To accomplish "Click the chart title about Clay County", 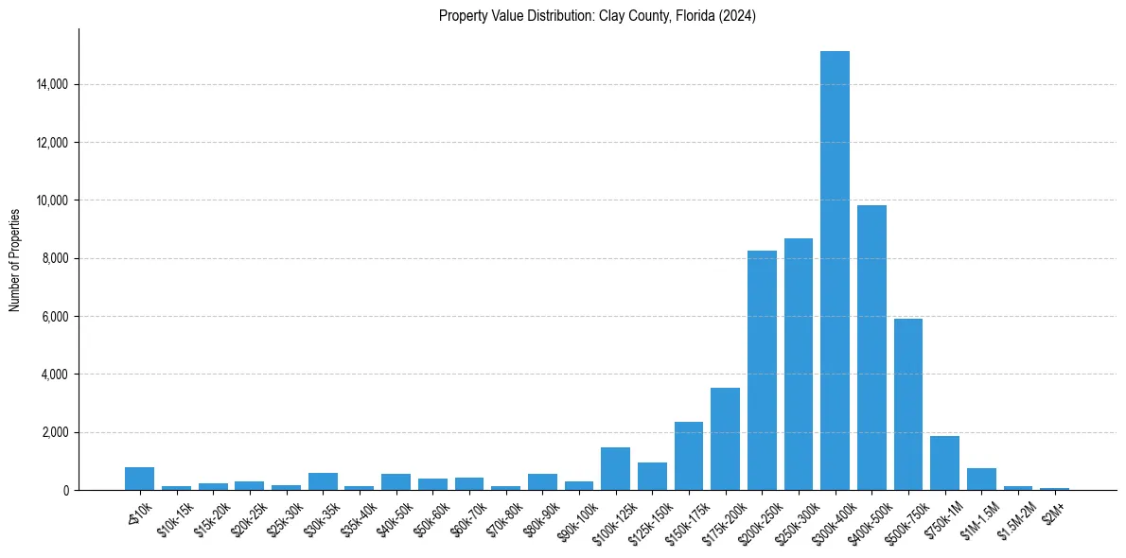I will point(597,16).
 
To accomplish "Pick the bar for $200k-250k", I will point(762,370).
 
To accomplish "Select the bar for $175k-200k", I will point(725,439).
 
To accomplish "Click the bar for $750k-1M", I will point(944,462).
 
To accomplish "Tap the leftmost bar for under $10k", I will point(139,479).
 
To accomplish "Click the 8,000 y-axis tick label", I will point(52,258).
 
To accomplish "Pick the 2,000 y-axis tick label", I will point(52,432).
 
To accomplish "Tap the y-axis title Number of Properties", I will point(15,259).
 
